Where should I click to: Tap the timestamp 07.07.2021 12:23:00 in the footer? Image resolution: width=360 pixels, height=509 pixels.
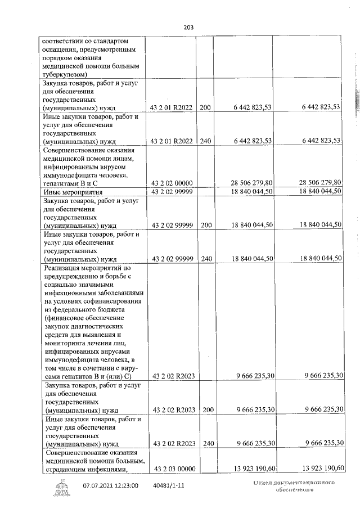pyautogui.click(x=110, y=485)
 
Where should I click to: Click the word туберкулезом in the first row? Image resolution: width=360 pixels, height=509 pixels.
pyautogui.click(x=64, y=74)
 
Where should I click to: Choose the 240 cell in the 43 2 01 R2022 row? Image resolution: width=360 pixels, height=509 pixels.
pyautogui.click(x=205, y=140)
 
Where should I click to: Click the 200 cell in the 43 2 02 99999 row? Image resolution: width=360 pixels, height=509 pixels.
pyautogui.click(x=205, y=224)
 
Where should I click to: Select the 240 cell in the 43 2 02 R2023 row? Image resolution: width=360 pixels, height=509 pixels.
pyautogui.click(x=205, y=443)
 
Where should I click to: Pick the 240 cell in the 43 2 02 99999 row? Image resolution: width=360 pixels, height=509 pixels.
pyautogui.click(x=205, y=258)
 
